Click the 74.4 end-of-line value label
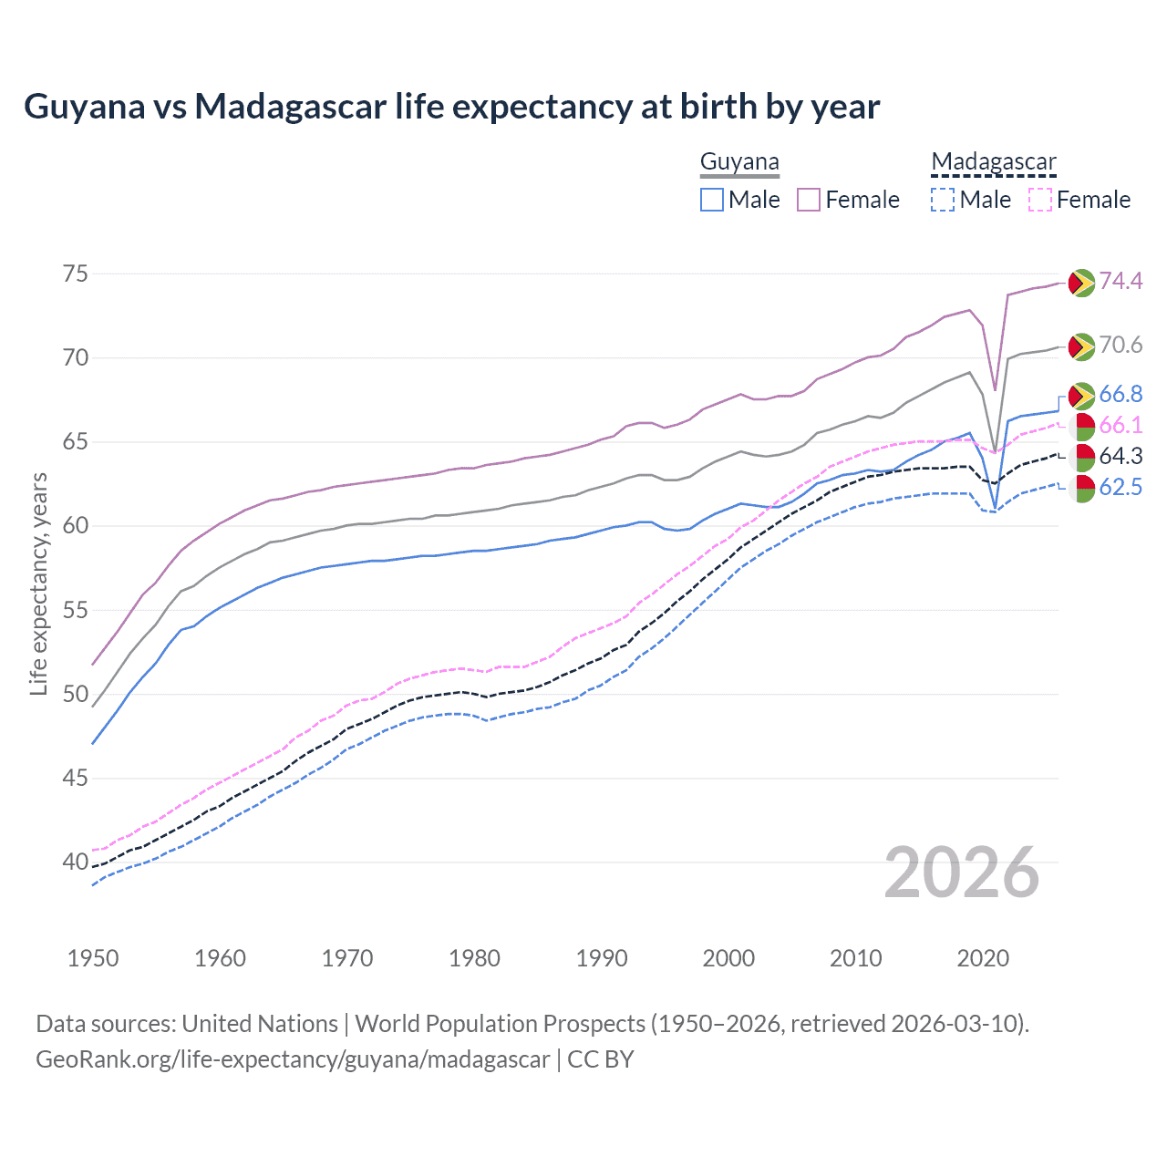[1121, 281]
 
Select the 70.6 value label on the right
[1121, 345]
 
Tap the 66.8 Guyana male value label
[1121, 394]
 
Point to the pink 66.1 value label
[1121, 425]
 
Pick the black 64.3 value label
[1121, 456]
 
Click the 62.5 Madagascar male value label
[1121, 487]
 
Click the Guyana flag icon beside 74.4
[1081, 283]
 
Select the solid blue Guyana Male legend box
[712, 200]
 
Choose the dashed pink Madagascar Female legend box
[1040, 200]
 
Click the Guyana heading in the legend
[739, 162]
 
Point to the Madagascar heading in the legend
[993, 162]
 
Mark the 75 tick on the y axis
[76, 274]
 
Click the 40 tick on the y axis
[76, 862]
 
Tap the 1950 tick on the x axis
[93, 958]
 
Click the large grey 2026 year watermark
[962, 873]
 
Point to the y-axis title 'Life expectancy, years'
[38, 583]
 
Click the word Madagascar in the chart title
[291, 107]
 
